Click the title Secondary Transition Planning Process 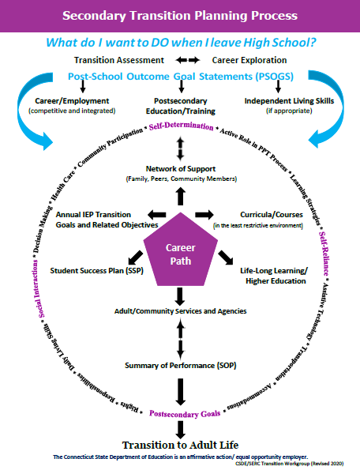180,15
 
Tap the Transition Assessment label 119,60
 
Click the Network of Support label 181,169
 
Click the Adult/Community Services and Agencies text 181,311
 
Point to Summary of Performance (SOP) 181,365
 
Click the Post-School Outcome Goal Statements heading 181,77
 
